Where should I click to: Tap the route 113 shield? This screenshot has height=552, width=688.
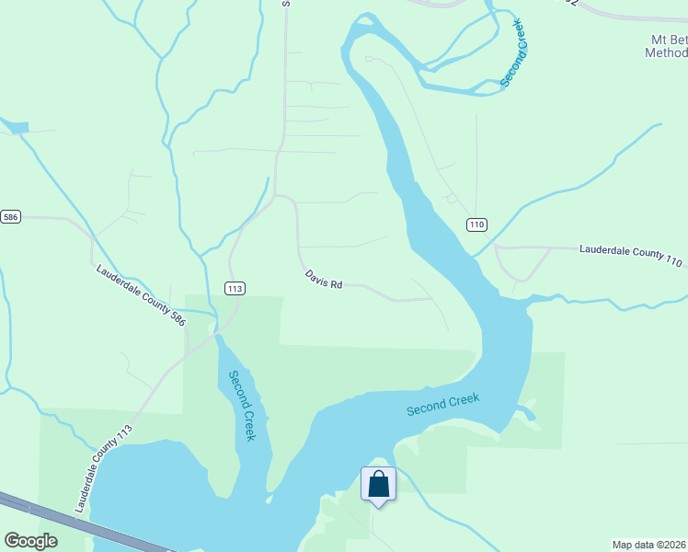pos(235,288)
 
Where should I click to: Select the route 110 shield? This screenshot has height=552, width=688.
pos(476,224)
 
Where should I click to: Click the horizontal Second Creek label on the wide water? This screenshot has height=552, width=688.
pos(444,403)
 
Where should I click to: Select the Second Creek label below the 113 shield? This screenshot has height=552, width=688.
pos(242,406)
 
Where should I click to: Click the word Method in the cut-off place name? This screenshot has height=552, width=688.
pos(664,53)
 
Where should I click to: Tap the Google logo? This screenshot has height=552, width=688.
pos(30,541)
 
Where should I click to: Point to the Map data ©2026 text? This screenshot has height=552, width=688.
pos(648,544)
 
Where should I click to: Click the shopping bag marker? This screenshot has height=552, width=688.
pos(378,484)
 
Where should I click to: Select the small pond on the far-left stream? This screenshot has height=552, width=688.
pos(18,127)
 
